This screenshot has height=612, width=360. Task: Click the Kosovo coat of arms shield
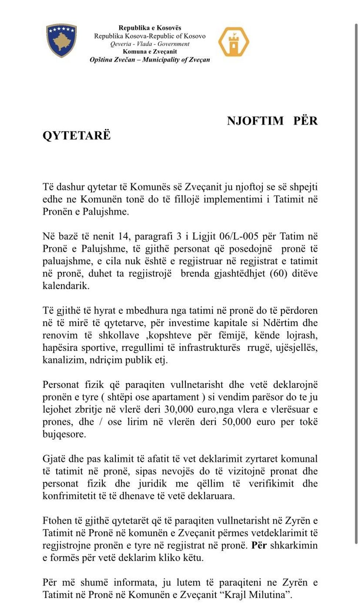[x=61, y=40]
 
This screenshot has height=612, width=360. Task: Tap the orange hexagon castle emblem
[x=234, y=42]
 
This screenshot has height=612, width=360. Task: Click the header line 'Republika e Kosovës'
[x=150, y=28]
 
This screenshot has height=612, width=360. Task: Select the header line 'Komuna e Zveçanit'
[x=150, y=52]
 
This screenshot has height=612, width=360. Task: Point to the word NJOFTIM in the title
[x=255, y=121]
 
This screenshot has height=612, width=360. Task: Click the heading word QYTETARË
[x=76, y=135]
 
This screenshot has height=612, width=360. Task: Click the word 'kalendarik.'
[x=66, y=286]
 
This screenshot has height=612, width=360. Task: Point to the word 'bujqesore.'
[x=64, y=434]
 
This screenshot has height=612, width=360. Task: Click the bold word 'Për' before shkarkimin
[x=259, y=545]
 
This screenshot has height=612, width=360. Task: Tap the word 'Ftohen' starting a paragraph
[x=57, y=521]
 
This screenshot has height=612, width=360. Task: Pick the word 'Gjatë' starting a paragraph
[x=54, y=459]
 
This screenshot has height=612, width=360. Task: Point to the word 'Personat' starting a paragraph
[x=61, y=385]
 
